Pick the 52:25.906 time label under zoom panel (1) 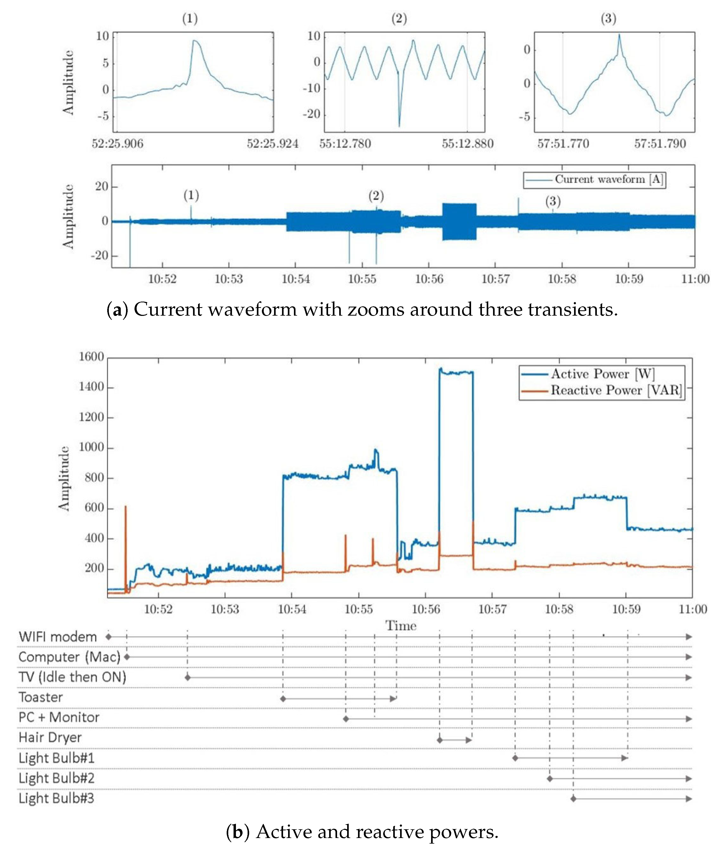point(118,144)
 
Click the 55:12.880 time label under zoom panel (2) point(467,144)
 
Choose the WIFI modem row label point(57,637)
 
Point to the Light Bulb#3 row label point(56,798)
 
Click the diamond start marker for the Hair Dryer point(440,740)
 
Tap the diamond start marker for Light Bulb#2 point(550,779)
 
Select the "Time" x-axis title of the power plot point(400,626)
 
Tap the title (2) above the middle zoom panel point(399,19)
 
